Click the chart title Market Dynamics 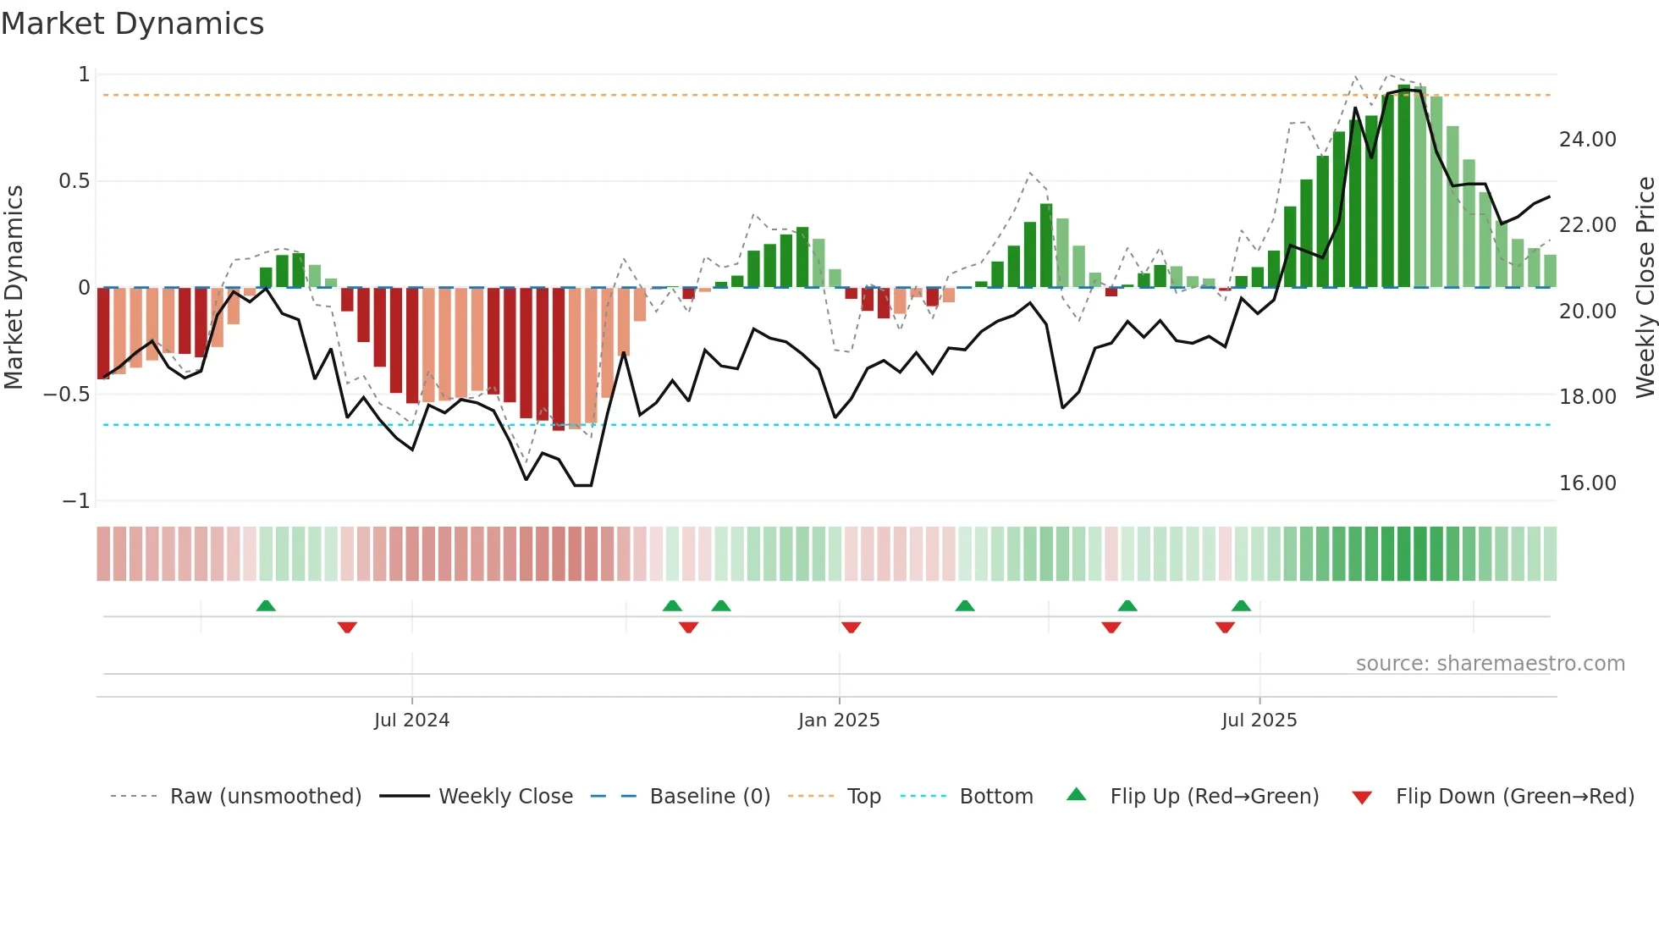point(132,24)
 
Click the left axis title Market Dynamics point(14,287)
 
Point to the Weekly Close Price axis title point(1645,287)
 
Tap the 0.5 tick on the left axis point(74,181)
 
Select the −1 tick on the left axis point(75,501)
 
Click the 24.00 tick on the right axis point(1587,140)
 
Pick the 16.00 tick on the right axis point(1587,483)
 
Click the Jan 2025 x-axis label point(839,720)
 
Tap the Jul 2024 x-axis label point(411,720)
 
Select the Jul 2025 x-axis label point(1259,720)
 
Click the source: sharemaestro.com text point(1490,664)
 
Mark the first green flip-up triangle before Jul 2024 point(266,605)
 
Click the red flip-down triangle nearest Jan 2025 point(851,627)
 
